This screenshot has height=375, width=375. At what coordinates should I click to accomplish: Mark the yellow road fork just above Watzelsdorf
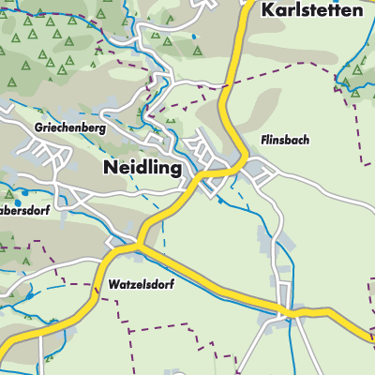138,246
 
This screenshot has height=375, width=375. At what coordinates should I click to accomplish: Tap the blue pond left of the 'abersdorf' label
4,200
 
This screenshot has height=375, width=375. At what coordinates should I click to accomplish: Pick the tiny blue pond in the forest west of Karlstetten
193,37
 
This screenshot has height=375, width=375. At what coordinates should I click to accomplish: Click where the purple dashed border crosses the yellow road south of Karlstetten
225,94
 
